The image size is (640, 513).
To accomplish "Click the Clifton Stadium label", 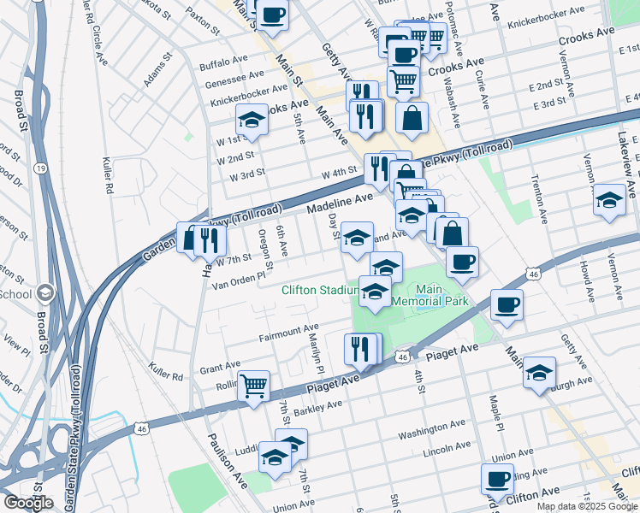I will click(x=319, y=290).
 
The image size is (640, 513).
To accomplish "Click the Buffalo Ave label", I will click(x=222, y=65).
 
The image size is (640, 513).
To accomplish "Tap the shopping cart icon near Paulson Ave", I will click(x=254, y=386).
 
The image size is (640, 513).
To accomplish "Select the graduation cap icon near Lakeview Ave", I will click(x=609, y=201).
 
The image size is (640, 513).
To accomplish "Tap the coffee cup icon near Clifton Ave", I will click(x=497, y=479).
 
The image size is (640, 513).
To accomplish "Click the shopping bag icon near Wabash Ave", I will click(x=412, y=119).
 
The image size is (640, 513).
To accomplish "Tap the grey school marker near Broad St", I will click(x=44, y=294).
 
